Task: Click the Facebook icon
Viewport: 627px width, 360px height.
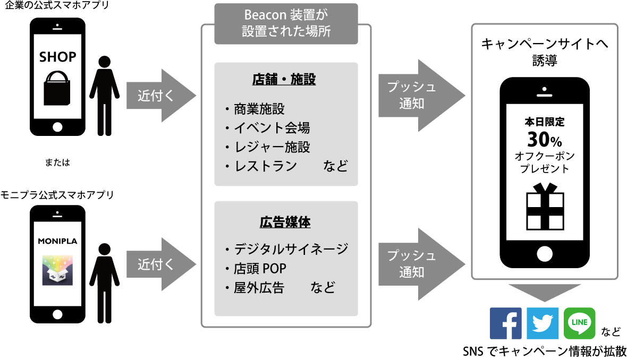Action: pos(505,323)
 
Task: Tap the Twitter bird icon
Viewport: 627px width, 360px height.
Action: pos(543,323)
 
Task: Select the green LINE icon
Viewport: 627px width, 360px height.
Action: pos(579,323)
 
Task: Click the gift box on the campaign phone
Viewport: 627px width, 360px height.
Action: pos(545,208)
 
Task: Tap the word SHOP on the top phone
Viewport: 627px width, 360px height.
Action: pos(58,57)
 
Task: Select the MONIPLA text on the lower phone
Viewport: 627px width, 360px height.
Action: pos(58,241)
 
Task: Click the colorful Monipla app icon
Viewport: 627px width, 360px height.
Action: pos(57,270)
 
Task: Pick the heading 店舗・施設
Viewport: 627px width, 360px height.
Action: pos(284,80)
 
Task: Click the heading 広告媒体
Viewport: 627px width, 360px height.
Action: pos(285,222)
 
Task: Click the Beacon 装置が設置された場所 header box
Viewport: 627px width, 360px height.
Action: pos(286,24)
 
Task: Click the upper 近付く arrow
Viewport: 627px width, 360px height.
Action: pos(159,96)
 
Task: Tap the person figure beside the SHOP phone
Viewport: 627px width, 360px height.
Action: pos(104,96)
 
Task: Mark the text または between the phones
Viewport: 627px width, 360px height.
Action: pos(57,163)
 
